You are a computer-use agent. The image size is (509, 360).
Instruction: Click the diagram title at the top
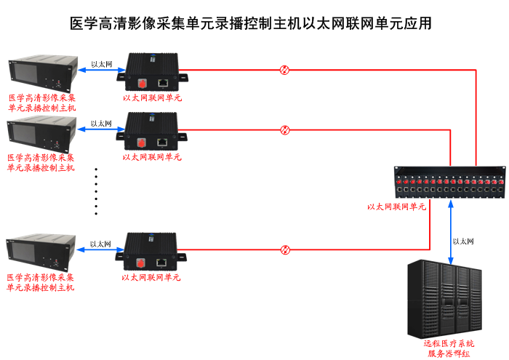(x=254, y=23)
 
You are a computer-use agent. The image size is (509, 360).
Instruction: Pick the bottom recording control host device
(x=41, y=252)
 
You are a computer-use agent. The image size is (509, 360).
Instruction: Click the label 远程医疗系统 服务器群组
(x=449, y=348)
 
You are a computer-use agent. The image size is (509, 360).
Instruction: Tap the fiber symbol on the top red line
(x=285, y=70)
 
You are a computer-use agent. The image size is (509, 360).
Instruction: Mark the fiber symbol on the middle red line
(x=285, y=130)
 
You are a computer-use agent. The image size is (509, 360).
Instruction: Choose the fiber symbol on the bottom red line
(x=285, y=249)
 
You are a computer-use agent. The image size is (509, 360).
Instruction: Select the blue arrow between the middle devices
(x=101, y=131)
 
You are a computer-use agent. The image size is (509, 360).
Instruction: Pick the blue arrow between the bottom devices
(x=101, y=251)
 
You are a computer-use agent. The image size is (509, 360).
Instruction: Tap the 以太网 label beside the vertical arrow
(x=464, y=241)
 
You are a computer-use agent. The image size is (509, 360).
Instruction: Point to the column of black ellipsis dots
(x=96, y=191)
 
